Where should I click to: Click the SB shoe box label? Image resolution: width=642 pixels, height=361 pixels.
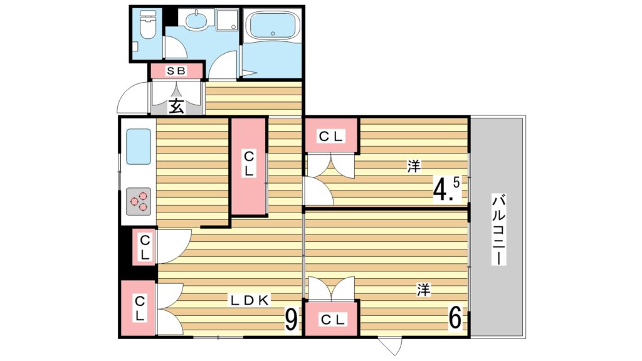coord(176,71)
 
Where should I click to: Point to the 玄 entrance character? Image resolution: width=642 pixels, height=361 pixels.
coord(176,106)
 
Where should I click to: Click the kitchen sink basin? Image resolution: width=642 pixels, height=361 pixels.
coord(139,147)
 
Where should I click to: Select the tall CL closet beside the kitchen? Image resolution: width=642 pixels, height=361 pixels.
coord(249,165)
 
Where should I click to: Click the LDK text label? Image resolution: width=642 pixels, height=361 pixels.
coord(249,300)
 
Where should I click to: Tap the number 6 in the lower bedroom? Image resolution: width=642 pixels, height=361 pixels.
coord(455,318)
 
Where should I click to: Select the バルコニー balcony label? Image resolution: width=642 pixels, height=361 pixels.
coord(498,229)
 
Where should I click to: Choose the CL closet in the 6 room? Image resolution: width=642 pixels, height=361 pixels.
coord(332,320)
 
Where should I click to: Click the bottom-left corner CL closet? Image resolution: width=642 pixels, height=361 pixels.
coord(139,309)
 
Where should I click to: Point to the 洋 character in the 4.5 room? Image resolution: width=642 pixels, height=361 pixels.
coord(413,166)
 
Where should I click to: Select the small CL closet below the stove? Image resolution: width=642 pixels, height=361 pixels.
coord(144,247)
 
